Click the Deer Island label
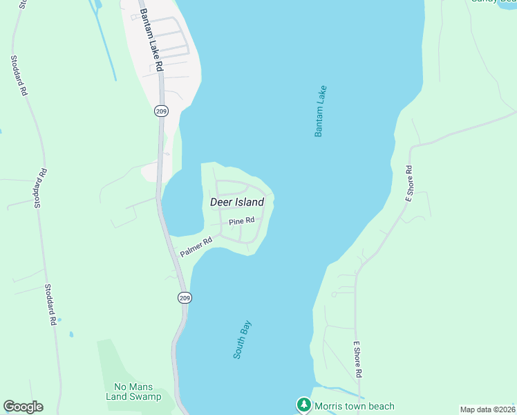(x=237, y=202)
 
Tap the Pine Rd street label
(x=242, y=221)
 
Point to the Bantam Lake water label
(x=319, y=111)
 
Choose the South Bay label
(x=242, y=339)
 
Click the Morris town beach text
(x=354, y=406)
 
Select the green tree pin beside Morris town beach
(x=303, y=405)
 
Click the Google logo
(x=23, y=407)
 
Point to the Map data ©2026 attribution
(x=487, y=409)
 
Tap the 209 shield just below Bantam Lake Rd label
(x=161, y=111)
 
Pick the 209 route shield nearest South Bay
(x=184, y=297)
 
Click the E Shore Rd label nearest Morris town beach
(x=358, y=358)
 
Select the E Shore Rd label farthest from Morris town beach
(x=408, y=183)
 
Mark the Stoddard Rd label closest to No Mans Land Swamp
(x=50, y=304)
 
